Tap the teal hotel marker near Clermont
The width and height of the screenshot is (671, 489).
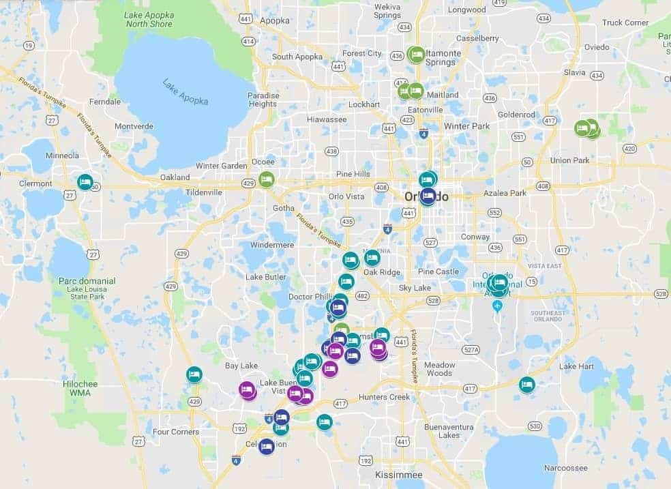point(85,182)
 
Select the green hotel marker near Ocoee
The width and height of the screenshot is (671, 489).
point(267,179)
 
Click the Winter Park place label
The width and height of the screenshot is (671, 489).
point(466,126)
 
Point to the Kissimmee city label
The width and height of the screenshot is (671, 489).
point(399,474)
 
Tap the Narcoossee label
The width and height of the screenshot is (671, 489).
point(565,468)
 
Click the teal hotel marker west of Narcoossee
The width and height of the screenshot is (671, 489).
point(526,385)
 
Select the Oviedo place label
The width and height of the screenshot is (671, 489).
point(597,47)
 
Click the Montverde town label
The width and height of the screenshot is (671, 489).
point(134,126)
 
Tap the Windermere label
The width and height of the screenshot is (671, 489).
point(271,244)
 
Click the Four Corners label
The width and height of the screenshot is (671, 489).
point(176,432)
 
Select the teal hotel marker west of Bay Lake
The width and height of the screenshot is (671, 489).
point(194,374)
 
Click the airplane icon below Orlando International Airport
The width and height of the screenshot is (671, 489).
point(497,305)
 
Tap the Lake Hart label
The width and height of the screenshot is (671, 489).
point(577,366)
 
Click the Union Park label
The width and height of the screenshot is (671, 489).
point(569,160)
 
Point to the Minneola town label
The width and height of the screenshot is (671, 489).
point(62,155)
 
